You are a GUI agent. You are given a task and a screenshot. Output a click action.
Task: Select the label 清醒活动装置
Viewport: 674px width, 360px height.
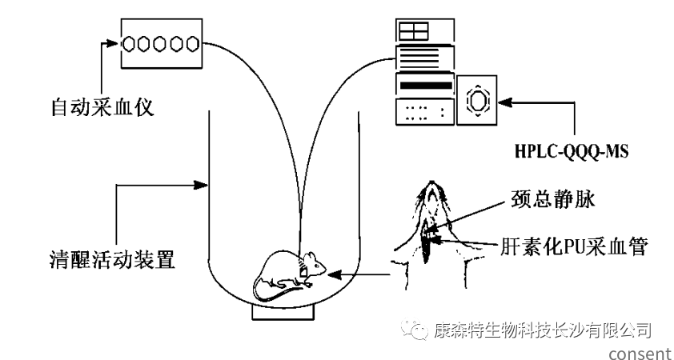(111, 259)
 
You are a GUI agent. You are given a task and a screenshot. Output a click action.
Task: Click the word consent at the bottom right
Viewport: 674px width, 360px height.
(639, 352)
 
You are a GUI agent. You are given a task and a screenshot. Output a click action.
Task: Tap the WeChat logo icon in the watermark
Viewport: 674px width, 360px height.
(416, 329)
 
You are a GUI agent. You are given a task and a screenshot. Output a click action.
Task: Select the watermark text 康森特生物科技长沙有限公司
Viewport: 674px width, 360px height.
(541, 329)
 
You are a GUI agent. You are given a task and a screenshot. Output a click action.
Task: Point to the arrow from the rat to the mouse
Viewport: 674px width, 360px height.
(360, 276)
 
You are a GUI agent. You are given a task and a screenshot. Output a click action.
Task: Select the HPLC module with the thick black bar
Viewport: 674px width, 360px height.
(424, 85)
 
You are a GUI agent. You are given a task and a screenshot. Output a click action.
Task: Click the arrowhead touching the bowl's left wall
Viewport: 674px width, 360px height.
(203, 186)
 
